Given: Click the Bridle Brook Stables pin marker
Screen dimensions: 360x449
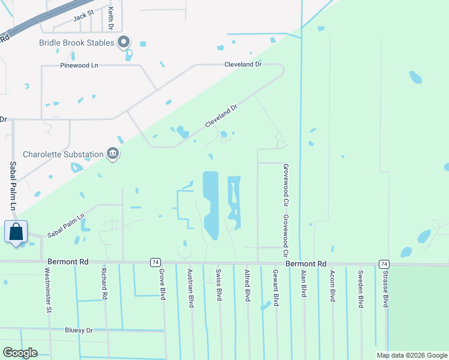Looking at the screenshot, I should [x=124, y=42].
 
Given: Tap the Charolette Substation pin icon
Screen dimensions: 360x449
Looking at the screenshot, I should [x=112, y=154].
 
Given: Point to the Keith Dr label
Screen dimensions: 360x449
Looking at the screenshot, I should [x=111, y=19].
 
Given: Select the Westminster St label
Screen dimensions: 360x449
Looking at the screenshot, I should [x=48, y=290].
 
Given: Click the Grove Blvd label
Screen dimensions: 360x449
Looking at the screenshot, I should [x=162, y=286].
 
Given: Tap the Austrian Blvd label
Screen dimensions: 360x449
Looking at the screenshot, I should [x=191, y=289].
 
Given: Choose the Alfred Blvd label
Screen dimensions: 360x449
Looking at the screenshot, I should [x=247, y=286].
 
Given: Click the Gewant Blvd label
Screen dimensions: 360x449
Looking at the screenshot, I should [x=276, y=288].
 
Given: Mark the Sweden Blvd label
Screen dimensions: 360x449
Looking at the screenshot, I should [x=361, y=289].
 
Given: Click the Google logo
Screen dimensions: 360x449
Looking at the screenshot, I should [x=20, y=353].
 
